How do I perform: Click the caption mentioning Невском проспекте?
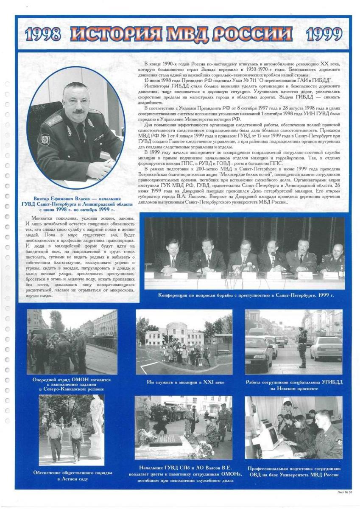[x=294, y=385]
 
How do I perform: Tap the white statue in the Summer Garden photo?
[x=97, y=417]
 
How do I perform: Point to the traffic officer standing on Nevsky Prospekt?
[x=302, y=347]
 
